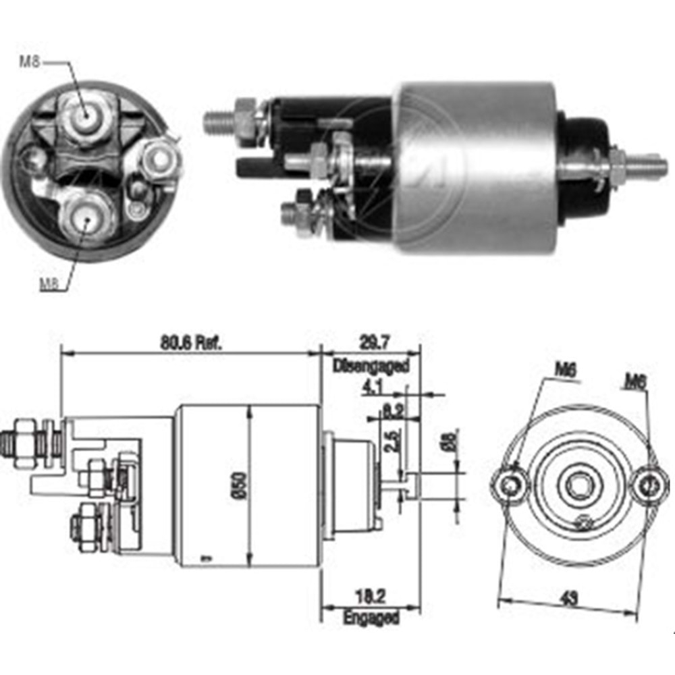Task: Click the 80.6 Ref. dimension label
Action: [191, 342]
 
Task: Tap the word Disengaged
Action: [371, 367]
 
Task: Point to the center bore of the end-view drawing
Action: [579, 485]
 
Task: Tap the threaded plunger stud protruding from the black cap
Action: [641, 164]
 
